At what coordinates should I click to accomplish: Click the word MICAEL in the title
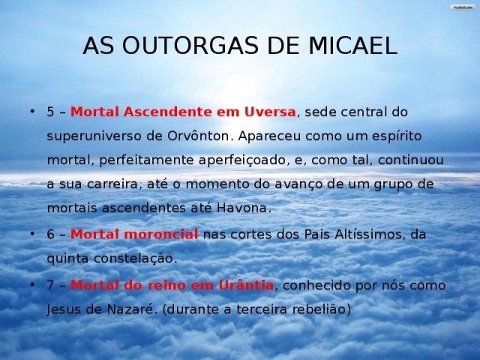[352, 46]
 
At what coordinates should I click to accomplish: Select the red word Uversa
[270, 112]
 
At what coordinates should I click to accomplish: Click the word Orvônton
[198, 136]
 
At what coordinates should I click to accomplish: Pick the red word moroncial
[161, 235]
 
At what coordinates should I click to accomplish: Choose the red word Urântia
[246, 285]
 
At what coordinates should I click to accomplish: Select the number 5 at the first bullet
[50, 112]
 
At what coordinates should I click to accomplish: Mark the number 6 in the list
[50, 235]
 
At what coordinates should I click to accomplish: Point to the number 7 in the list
[50, 285]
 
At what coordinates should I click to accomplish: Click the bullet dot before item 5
[31, 111]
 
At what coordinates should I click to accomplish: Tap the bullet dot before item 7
[31, 284]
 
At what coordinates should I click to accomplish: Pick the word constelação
[134, 259]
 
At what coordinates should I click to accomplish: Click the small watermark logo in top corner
[463, 7]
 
